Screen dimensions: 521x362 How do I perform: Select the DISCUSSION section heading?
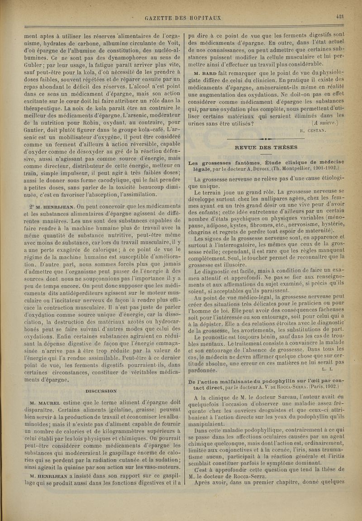pos(101,391)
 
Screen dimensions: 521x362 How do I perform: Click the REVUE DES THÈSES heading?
pos(266,147)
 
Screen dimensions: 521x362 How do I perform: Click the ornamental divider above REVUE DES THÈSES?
pos(267,139)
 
